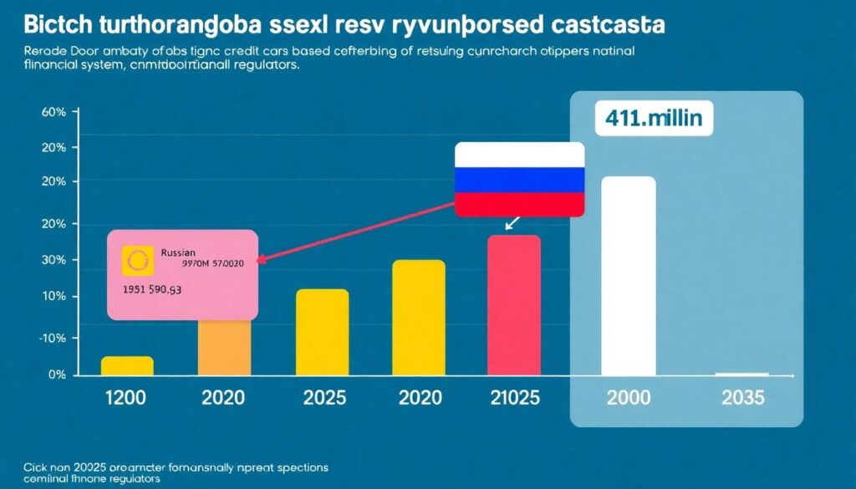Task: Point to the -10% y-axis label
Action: point(53,338)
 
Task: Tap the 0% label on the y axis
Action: point(58,375)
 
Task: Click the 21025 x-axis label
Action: point(514,397)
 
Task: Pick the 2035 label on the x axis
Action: point(742,397)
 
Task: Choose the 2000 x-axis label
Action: point(629,397)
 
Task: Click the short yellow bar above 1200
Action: point(127,366)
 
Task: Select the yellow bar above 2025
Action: point(322,332)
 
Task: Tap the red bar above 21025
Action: point(514,305)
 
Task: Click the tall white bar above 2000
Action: point(629,276)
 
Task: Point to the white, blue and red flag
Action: point(519,180)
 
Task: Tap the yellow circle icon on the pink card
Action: point(135,261)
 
